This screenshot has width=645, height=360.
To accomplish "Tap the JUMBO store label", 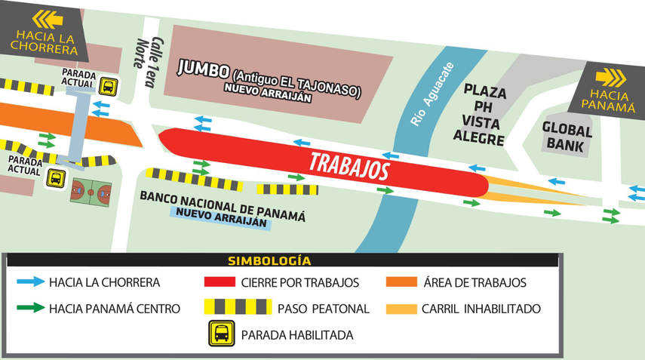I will [x=203, y=70].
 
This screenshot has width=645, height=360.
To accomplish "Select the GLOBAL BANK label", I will [x=567, y=138].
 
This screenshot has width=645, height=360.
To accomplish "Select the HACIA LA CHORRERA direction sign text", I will [x=45, y=43].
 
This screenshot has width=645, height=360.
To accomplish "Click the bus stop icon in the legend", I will [x=221, y=334].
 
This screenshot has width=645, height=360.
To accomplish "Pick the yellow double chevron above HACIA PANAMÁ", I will [x=611, y=77].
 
